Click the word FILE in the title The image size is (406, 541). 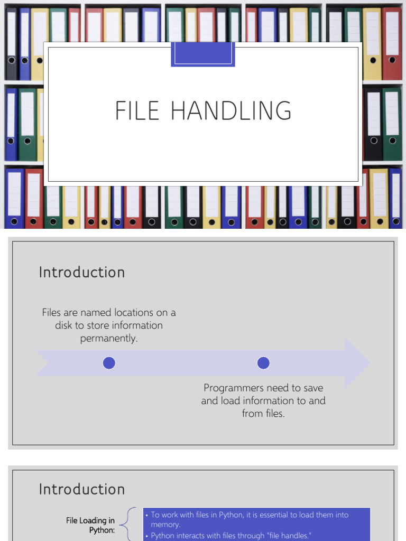pyautogui.click(x=137, y=110)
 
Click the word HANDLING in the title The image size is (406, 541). pyautogui.click(x=232, y=110)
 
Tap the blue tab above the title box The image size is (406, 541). pyautogui.click(x=203, y=54)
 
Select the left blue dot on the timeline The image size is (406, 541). pyautogui.click(x=109, y=363)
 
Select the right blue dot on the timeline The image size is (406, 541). pyautogui.click(x=263, y=363)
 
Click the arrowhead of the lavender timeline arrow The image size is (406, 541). pyautogui.click(x=357, y=363)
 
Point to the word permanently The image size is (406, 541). pyautogui.click(x=109, y=338)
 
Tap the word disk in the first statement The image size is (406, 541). pyautogui.click(x=63, y=325)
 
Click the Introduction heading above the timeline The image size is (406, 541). pyautogui.click(x=82, y=272)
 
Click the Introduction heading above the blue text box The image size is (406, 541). pyautogui.click(x=82, y=489)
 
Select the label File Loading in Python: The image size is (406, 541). pyautogui.click(x=90, y=525)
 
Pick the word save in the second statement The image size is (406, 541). pyautogui.click(x=313, y=388)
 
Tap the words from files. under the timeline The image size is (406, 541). pyautogui.click(x=263, y=413)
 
